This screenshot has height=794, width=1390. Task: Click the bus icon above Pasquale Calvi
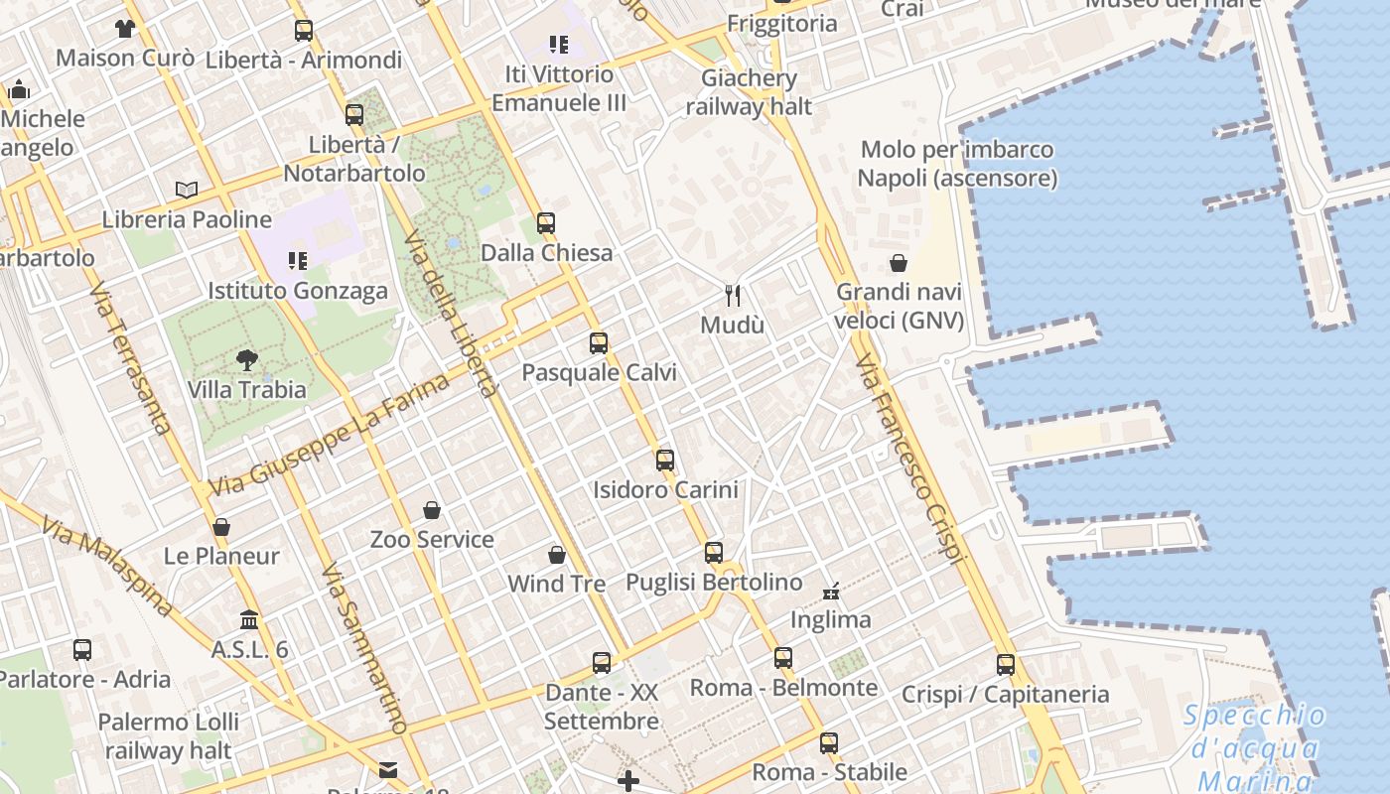pyautogui.click(x=598, y=343)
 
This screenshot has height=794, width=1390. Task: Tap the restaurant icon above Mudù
pyautogui.click(x=733, y=295)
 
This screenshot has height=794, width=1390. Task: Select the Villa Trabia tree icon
pyautogui.click(x=246, y=359)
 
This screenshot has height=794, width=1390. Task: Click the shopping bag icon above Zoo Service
pyautogui.click(x=432, y=510)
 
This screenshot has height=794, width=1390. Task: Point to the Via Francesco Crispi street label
pyautogui.click(x=909, y=459)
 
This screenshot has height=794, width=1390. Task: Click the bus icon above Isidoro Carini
pyautogui.click(x=665, y=460)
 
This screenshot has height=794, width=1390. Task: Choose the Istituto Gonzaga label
pyautogui.click(x=298, y=291)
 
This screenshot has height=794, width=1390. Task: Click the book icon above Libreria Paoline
pyautogui.click(x=187, y=190)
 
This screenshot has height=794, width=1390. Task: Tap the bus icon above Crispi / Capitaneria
pyautogui.click(x=1006, y=664)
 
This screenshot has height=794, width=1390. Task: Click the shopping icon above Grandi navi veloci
pyautogui.click(x=899, y=263)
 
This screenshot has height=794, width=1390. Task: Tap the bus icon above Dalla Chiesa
pyautogui.click(x=546, y=223)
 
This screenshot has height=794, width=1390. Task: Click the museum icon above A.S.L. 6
pyautogui.click(x=249, y=619)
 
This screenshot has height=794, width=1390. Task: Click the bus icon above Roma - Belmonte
pyautogui.click(x=783, y=657)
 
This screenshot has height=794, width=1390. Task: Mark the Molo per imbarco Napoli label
pyautogui.click(x=957, y=164)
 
